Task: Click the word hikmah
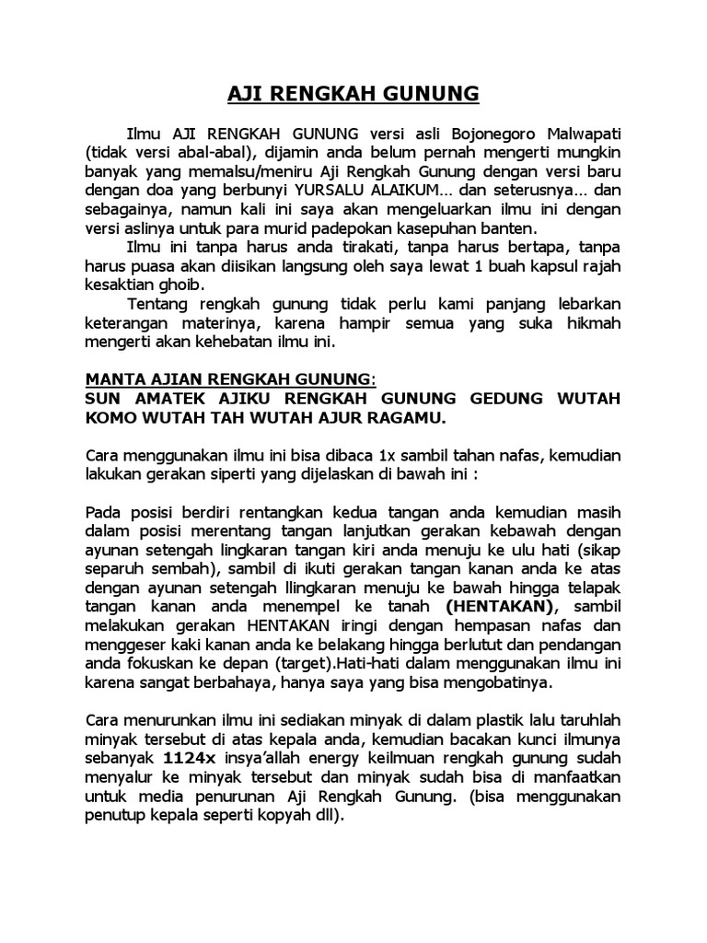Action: pos(592,324)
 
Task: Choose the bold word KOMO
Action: pos(108,419)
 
